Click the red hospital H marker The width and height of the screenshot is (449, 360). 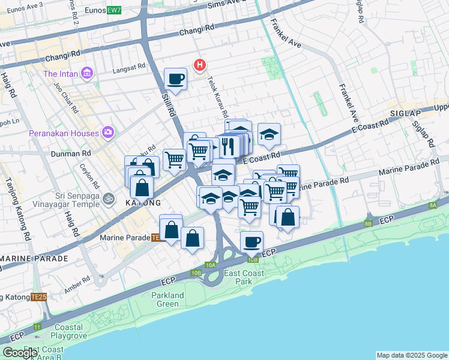coord(199,64)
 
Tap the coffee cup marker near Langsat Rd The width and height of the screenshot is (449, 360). coord(175,79)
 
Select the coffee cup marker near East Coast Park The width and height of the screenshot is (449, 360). coord(252,242)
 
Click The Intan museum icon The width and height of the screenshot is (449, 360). coord(88,74)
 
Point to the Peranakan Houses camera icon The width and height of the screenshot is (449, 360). coord(108,132)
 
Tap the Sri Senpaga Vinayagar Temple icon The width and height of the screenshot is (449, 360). coord(109,197)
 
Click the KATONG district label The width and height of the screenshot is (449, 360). coord(142,203)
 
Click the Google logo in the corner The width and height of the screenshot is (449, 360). coord(20,353)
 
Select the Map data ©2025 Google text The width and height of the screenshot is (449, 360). coord(411,355)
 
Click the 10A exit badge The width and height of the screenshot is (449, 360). coord(210,265)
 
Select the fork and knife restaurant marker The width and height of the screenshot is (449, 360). coord(228,145)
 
